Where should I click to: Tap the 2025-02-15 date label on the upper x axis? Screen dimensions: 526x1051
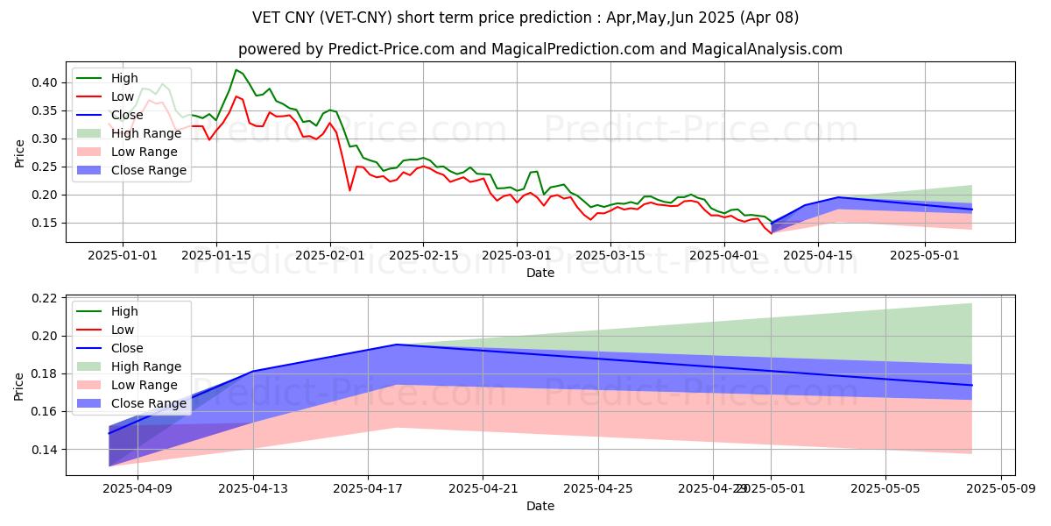(423, 255)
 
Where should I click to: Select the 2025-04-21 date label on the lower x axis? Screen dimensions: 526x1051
(483, 488)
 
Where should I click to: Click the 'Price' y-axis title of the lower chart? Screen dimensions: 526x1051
(20, 385)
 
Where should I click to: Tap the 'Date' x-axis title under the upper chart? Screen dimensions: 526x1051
(540, 273)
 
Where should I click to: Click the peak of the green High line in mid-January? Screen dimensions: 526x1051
(236, 69)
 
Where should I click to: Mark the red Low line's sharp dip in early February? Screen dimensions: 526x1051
(350, 190)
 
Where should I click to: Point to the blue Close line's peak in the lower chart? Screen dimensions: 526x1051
(397, 345)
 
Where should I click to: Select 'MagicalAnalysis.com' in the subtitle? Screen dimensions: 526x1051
(766, 49)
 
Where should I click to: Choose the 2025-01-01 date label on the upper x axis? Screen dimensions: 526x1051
(123, 255)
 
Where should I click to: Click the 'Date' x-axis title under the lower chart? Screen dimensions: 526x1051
(540, 506)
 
